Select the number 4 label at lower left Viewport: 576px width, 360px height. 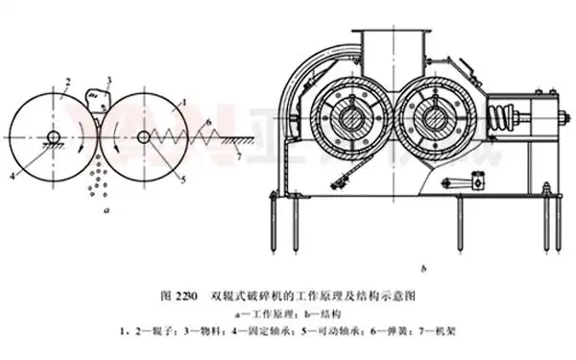pos(13,176)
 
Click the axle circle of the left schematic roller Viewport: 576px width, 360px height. pos(55,137)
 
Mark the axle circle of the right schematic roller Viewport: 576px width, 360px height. pos(143,137)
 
